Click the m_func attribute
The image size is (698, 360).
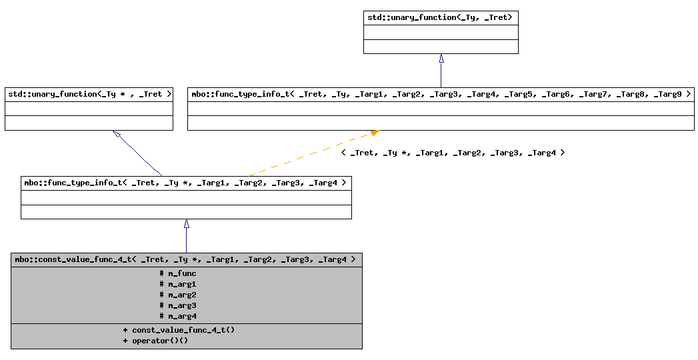coord(178,273)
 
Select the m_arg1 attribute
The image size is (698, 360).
coord(178,284)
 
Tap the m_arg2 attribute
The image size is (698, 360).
coord(178,295)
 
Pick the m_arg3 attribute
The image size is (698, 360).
coord(178,305)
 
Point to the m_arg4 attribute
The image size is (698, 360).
coord(178,316)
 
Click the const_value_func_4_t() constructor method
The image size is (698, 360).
coord(179,330)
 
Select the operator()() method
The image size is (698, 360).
coord(155,341)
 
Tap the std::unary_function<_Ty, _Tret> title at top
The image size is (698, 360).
coord(440,17)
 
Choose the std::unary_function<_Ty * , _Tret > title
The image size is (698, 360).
coord(89,94)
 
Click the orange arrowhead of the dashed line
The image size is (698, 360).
coord(375,133)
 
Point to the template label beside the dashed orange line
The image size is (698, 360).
coord(453,153)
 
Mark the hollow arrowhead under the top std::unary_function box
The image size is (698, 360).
coord(441,59)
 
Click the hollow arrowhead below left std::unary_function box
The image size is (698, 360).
coord(117,135)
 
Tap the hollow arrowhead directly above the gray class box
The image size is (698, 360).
coord(186,224)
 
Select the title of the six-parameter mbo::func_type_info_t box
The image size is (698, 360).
coord(185,183)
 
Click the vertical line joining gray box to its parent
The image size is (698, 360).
coord(186,241)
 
